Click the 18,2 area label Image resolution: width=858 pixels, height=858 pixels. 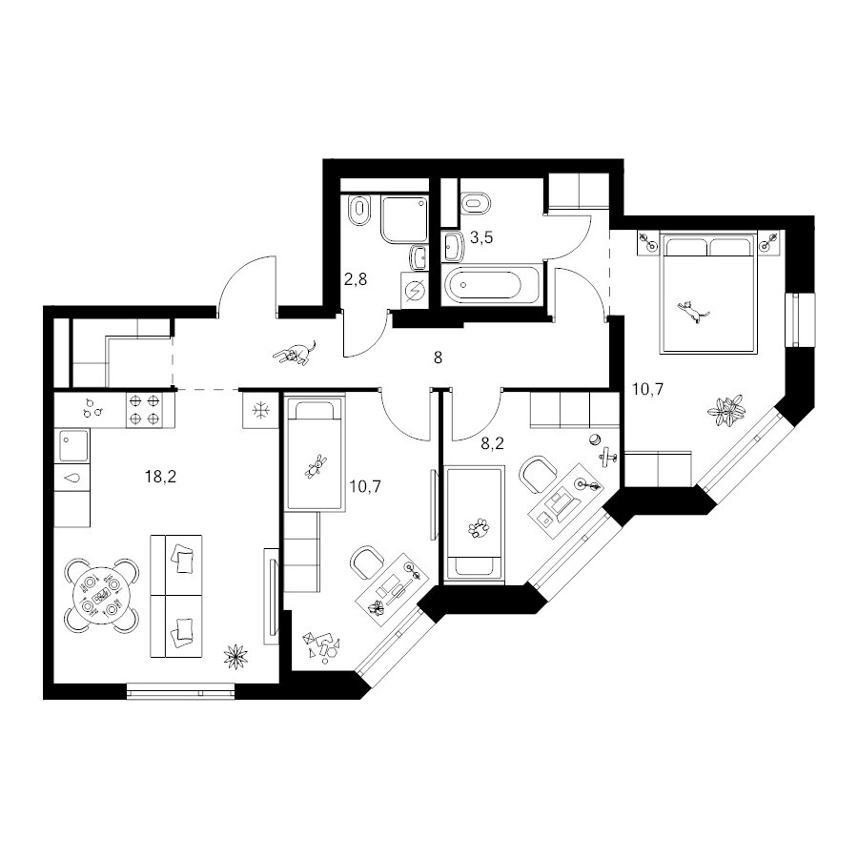pos(160,478)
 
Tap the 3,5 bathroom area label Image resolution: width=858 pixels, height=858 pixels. pos(481,237)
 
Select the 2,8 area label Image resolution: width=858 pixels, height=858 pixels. pos(356,279)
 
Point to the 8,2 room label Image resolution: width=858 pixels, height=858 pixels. pos(492,443)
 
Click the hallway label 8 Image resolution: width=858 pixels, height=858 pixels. pos(438,357)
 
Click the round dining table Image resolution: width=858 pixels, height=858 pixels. pos(101,596)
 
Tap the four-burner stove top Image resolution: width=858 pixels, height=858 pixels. pos(145,410)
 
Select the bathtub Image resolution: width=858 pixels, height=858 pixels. pos(491,284)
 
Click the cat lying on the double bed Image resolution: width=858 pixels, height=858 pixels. pos(693,312)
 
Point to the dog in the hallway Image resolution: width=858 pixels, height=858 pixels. pos(295,354)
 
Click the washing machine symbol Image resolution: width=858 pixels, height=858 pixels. pos(415,290)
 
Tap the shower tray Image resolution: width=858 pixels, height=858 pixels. pos(404,219)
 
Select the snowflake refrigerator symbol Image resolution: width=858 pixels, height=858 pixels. pos(261,410)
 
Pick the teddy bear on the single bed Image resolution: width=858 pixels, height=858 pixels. pos(316,467)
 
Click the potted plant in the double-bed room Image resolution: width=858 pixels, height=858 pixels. pos(726,410)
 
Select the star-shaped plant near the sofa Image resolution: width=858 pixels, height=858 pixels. pos(235,656)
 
